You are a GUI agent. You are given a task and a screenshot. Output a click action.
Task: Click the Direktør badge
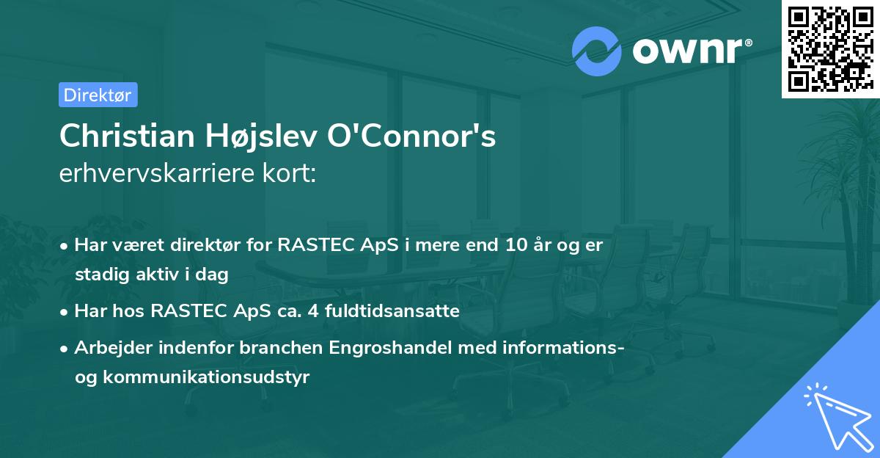point(98,95)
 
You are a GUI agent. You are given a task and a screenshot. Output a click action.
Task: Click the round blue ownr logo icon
point(597,51)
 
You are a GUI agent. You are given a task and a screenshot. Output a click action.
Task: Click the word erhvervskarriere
point(159,174)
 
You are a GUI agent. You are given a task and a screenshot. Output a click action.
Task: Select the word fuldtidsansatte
point(386,311)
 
